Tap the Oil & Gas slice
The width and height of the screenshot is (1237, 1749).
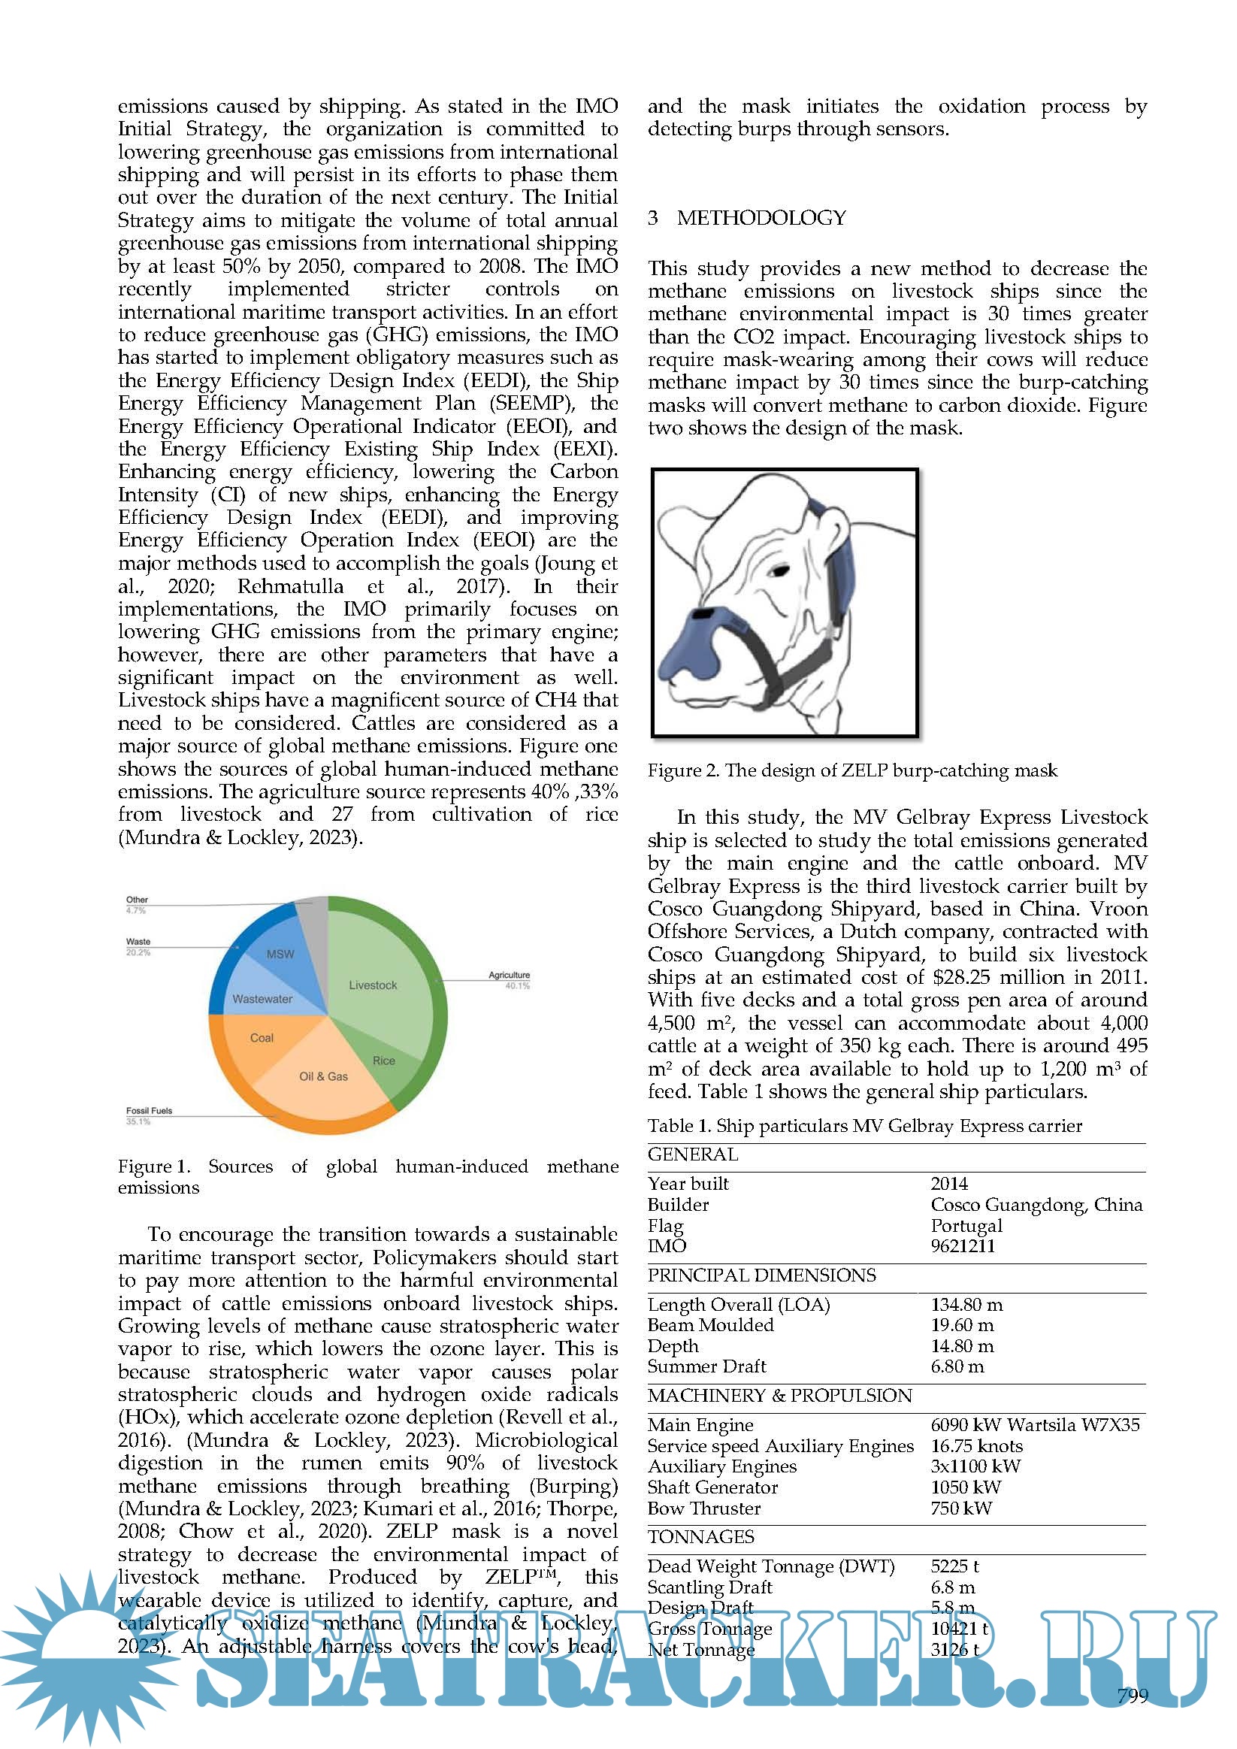click(325, 1082)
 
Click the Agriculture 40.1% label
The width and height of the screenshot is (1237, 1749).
click(509, 980)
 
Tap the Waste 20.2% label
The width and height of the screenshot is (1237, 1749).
click(138, 946)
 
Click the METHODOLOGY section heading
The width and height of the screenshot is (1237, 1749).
click(761, 218)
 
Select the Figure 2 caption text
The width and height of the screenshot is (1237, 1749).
click(851, 770)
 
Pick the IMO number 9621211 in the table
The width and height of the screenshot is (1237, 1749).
click(962, 1246)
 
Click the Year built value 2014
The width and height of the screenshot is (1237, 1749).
click(948, 1184)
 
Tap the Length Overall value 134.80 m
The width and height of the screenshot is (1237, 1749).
click(966, 1305)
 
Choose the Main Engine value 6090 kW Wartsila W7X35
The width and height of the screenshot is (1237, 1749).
click(1034, 1424)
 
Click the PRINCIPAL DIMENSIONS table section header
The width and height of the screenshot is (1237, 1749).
click(761, 1275)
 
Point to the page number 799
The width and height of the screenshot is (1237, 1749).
click(1132, 1696)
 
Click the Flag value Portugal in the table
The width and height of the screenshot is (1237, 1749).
click(966, 1226)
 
